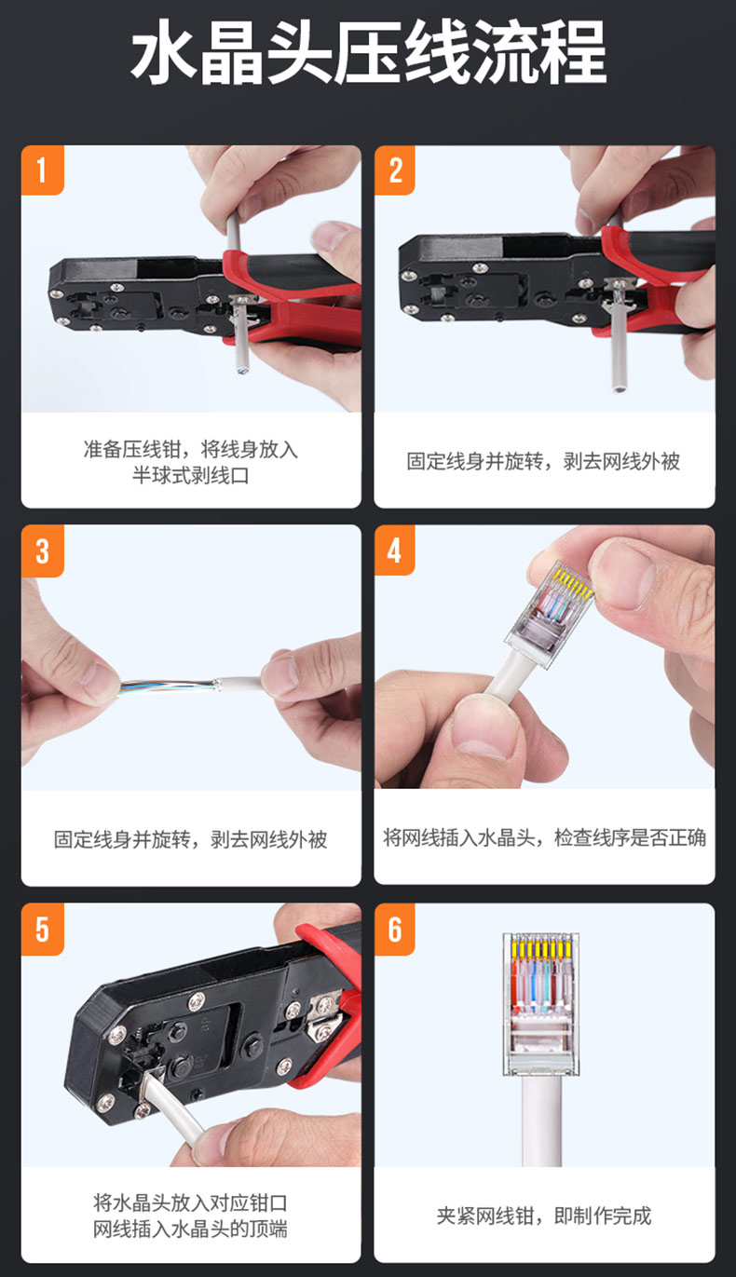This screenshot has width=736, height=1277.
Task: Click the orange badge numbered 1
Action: click(x=42, y=170)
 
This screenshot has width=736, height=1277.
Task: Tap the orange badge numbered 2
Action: click(x=394, y=170)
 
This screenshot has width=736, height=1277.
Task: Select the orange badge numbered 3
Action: click(x=42, y=550)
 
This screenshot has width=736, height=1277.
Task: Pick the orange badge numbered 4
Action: click(x=394, y=550)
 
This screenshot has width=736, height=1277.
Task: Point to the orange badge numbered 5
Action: click(x=42, y=930)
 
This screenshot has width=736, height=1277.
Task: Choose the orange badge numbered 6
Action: click(x=394, y=930)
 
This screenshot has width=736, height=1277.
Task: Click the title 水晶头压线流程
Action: click(x=368, y=52)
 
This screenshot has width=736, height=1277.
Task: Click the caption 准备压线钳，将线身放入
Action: click(x=190, y=449)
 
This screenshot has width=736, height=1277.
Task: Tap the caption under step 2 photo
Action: click(x=543, y=461)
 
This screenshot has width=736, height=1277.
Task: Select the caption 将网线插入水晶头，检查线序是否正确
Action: click(x=544, y=837)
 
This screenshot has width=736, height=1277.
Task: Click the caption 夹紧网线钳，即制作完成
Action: click(x=544, y=1216)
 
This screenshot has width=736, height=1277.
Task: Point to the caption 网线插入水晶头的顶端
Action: click(x=190, y=1229)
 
